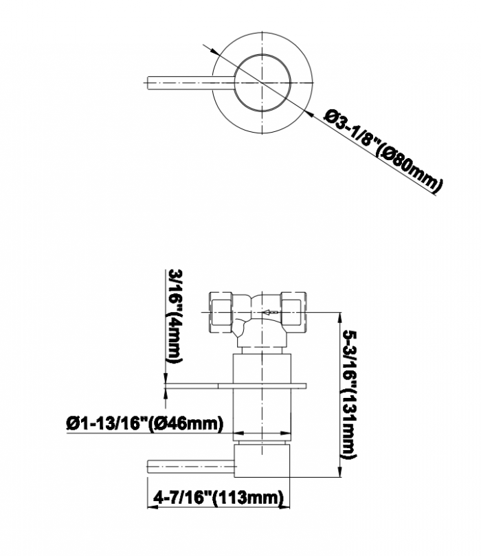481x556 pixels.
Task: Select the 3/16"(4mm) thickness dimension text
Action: point(175,316)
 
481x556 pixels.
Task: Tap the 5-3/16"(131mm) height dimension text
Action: point(349,394)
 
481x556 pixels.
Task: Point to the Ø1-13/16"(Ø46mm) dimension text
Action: point(145,423)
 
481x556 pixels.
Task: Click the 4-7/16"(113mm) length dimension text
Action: point(219,498)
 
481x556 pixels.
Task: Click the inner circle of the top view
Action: point(262,82)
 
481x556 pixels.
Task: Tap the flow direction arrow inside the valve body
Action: point(270,313)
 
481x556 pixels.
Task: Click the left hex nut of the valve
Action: point(221,313)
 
